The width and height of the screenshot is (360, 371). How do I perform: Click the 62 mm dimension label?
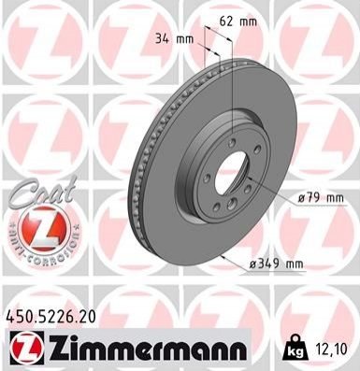(x=238, y=21)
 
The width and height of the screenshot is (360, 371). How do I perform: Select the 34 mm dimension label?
(x=174, y=39)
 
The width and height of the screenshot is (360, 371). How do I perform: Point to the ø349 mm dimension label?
(x=276, y=264)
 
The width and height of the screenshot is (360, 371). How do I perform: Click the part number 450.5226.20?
(x=50, y=318)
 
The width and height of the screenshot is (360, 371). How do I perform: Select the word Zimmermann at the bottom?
(x=147, y=349)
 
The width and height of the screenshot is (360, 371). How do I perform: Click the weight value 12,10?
(x=333, y=350)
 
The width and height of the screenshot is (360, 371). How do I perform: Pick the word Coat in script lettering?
(x=45, y=192)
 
